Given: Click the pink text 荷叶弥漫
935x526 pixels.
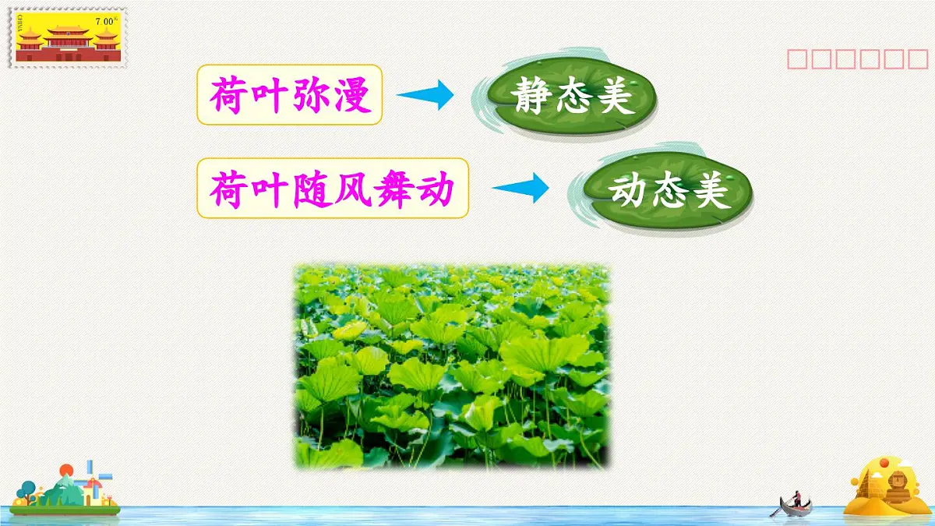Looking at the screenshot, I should [x=290, y=96].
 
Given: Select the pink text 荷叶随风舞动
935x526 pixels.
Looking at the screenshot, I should [x=332, y=189].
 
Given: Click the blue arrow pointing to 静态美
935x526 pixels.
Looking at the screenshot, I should [x=425, y=95].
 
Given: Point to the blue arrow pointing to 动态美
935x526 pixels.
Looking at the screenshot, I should [x=520, y=189].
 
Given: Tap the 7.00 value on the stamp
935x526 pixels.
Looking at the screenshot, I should [x=104, y=21].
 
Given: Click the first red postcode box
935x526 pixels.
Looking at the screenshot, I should [x=797, y=59].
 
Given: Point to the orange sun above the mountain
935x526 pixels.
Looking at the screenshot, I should [x=66, y=470].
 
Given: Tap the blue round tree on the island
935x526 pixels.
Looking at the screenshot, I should [x=28, y=489].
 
